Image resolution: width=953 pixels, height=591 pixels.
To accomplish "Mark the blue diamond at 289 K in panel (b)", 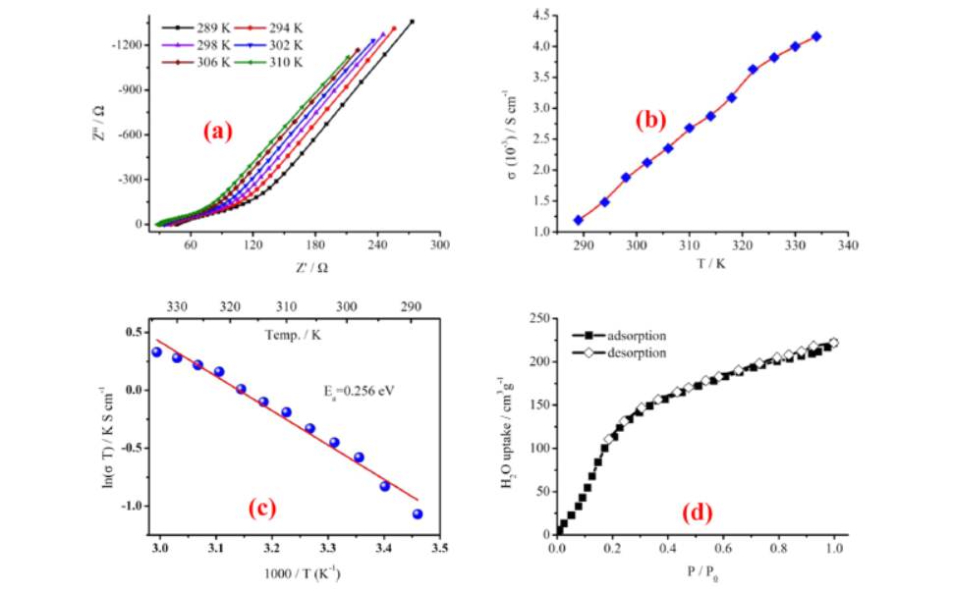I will click(x=579, y=220).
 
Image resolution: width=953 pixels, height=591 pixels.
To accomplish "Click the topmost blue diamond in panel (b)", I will click(x=816, y=36).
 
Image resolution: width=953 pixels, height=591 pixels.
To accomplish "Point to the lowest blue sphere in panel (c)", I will click(x=418, y=513).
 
